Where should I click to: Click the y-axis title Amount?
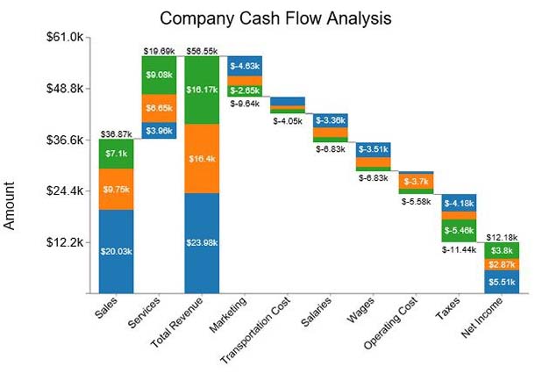(11, 205)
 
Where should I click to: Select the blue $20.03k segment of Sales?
(116, 250)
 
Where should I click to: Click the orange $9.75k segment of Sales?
(116, 189)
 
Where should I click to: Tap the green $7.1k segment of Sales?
(116, 154)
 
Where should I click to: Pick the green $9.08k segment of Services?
(159, 75)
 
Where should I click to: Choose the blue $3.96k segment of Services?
(159, 131)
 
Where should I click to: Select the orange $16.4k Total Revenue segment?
(201, 159)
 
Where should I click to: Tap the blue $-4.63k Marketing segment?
(244, 66)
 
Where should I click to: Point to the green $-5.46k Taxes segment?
(459, 230)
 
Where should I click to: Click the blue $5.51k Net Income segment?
(502, 282)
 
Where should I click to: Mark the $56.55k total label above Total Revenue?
(201, 51)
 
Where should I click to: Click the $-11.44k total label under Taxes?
(459, 249)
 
